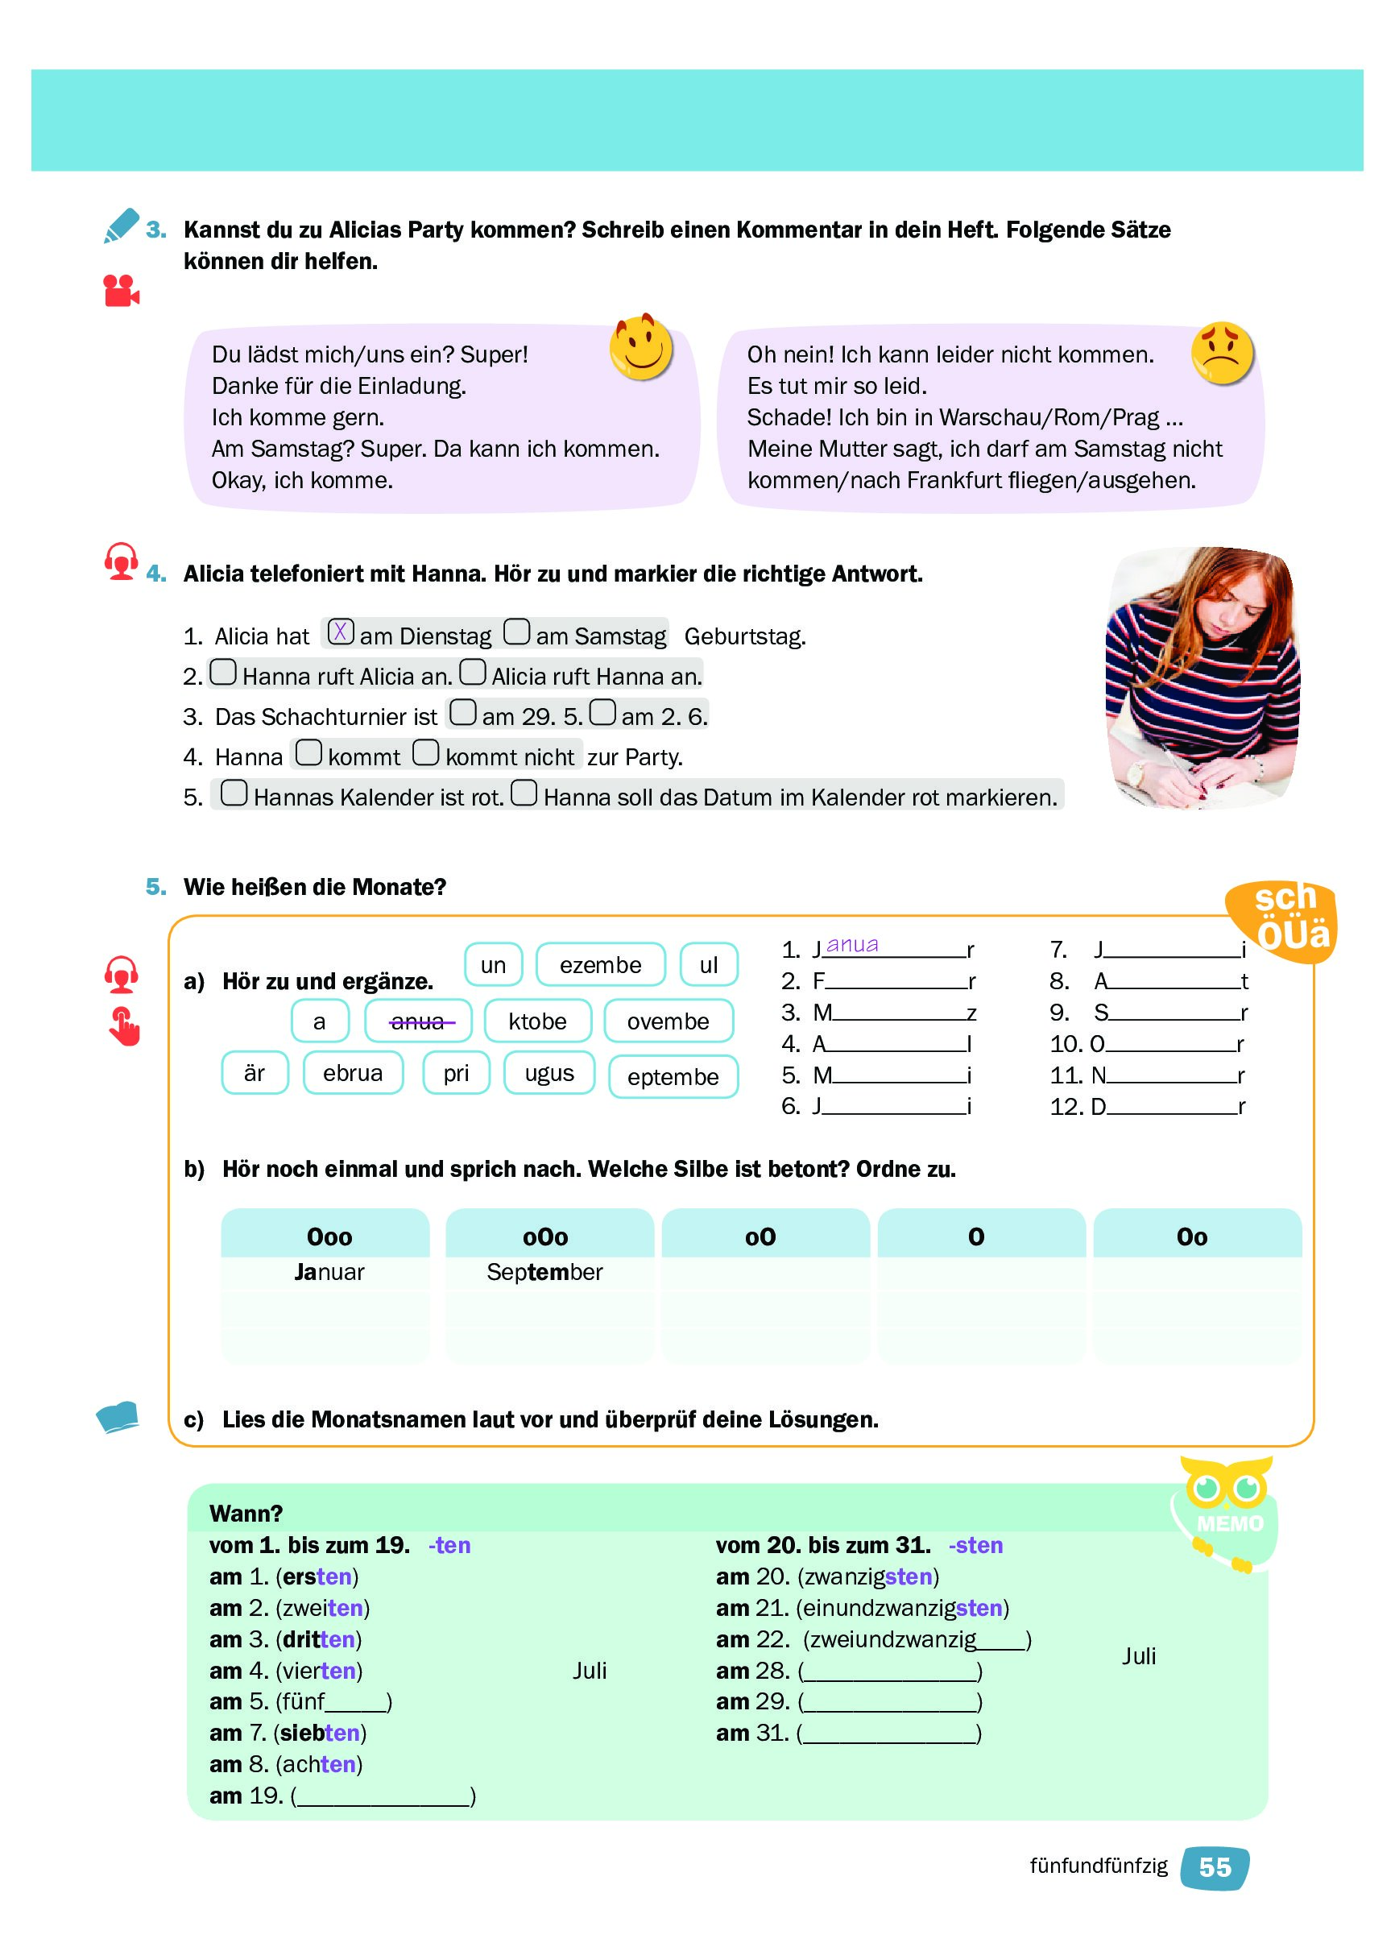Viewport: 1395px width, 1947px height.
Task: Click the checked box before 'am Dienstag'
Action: (341, 632)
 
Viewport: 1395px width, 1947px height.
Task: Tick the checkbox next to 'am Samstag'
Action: (517, 632)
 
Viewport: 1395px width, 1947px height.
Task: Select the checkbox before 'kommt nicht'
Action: (426, 753)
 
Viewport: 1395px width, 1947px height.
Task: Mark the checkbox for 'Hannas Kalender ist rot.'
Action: (234, 793)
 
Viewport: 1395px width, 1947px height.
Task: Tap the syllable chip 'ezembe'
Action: (600, 965)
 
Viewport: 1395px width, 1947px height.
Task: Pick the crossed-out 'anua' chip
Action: (418, 1021)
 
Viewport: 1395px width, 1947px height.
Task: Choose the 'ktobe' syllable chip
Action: (537, 1021)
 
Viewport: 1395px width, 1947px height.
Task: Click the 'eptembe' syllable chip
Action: (673, 1076)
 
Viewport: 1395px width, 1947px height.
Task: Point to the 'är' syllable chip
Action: (255, 1073)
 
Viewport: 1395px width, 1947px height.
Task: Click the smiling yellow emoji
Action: (640, 348)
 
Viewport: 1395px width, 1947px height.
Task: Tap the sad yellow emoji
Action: (1223, 353)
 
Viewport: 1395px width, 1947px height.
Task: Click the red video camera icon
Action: (121, 290)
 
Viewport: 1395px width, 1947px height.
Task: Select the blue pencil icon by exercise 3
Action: (120, 226)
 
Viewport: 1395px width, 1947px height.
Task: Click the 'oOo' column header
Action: (546, 1237)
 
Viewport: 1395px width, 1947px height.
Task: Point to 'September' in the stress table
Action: (544, 1272)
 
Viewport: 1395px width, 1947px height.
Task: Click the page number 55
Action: (1215, 1867)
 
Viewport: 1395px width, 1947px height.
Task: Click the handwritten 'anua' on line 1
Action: (851, 945)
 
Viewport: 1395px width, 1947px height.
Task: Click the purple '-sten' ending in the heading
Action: (975, 1545)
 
